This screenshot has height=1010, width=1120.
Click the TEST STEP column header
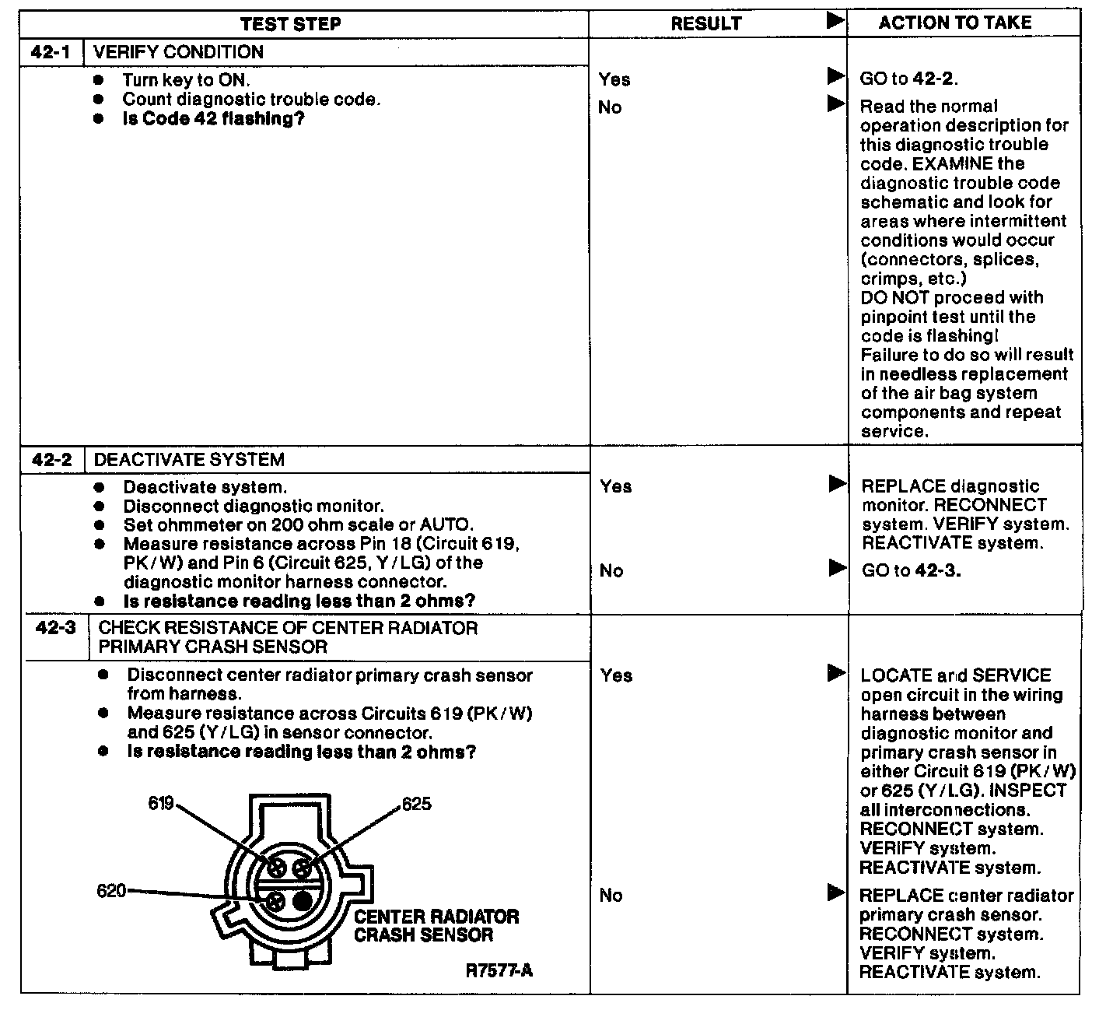pos(290,24)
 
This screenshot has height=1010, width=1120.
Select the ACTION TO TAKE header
pos(955,23)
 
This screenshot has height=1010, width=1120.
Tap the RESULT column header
pos(705,24)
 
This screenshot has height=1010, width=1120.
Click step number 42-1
pos(51,53)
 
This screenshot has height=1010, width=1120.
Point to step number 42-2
pos(52,460)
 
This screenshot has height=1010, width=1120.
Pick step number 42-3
pos(56,628)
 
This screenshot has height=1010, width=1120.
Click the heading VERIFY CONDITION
pos(178,53)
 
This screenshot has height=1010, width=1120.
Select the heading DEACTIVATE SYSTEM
pos(189,460)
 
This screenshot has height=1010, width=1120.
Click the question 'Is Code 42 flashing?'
pos(213,119)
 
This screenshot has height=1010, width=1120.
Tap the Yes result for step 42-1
pos(614,79)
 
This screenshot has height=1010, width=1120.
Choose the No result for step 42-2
pos(611,571)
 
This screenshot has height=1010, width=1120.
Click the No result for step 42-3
pos(611,896)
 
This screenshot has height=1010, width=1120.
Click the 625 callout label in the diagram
pos(417,805)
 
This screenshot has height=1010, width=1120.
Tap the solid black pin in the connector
pos(302,901)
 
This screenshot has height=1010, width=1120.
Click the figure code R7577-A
pos(499,971)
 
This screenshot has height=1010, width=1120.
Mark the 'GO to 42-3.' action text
pos(911,570)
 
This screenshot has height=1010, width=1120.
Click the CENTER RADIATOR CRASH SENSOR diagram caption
pos(436,926)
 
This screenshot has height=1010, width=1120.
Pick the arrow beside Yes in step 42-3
pos(836,672)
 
